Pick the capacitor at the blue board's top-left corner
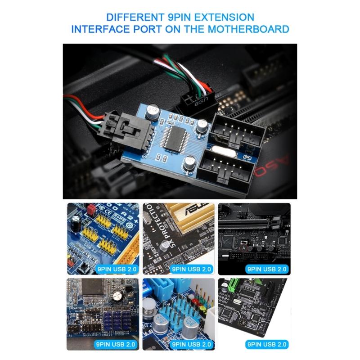153,110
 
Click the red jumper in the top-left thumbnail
90,209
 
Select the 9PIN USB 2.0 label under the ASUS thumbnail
191,269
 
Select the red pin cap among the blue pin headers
194,300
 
